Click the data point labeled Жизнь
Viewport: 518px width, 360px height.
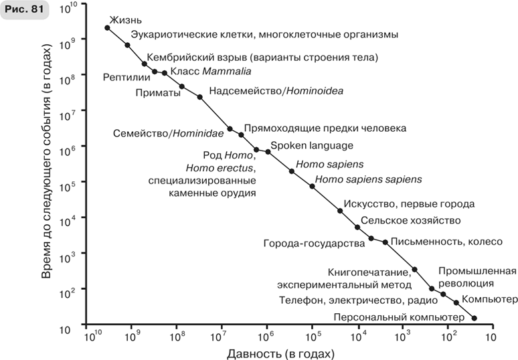[108, 27]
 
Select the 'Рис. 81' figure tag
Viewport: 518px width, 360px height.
[24, 13]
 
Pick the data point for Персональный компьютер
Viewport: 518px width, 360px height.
[474, 318]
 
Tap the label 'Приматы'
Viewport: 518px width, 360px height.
[158, 93]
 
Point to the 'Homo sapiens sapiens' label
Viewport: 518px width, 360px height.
[369, 179]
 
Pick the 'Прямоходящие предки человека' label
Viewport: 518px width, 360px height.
[325, 128]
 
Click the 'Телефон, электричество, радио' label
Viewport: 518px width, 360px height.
[353, 300]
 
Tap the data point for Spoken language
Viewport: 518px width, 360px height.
[268, 152]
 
